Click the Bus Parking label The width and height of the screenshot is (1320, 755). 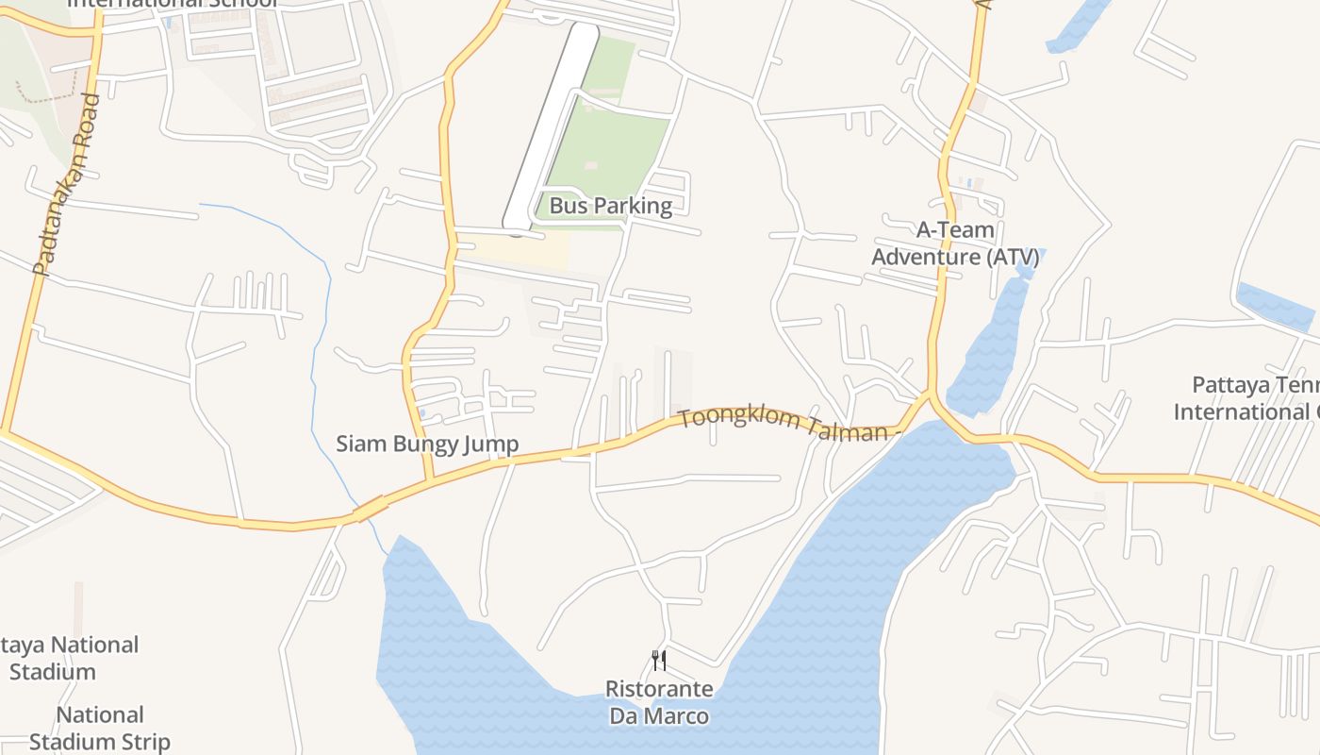point(610,206)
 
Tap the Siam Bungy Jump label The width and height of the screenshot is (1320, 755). point(427,444)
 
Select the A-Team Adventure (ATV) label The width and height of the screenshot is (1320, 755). point(955,243)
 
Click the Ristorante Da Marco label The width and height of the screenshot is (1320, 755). point(659,702)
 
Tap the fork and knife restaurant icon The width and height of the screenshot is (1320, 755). point(659,660)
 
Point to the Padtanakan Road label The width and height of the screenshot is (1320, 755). point(65,184)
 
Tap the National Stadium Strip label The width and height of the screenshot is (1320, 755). point(99,729)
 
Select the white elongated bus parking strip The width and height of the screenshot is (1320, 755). point(552,123)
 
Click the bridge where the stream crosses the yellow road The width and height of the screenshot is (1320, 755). point(369,510)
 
